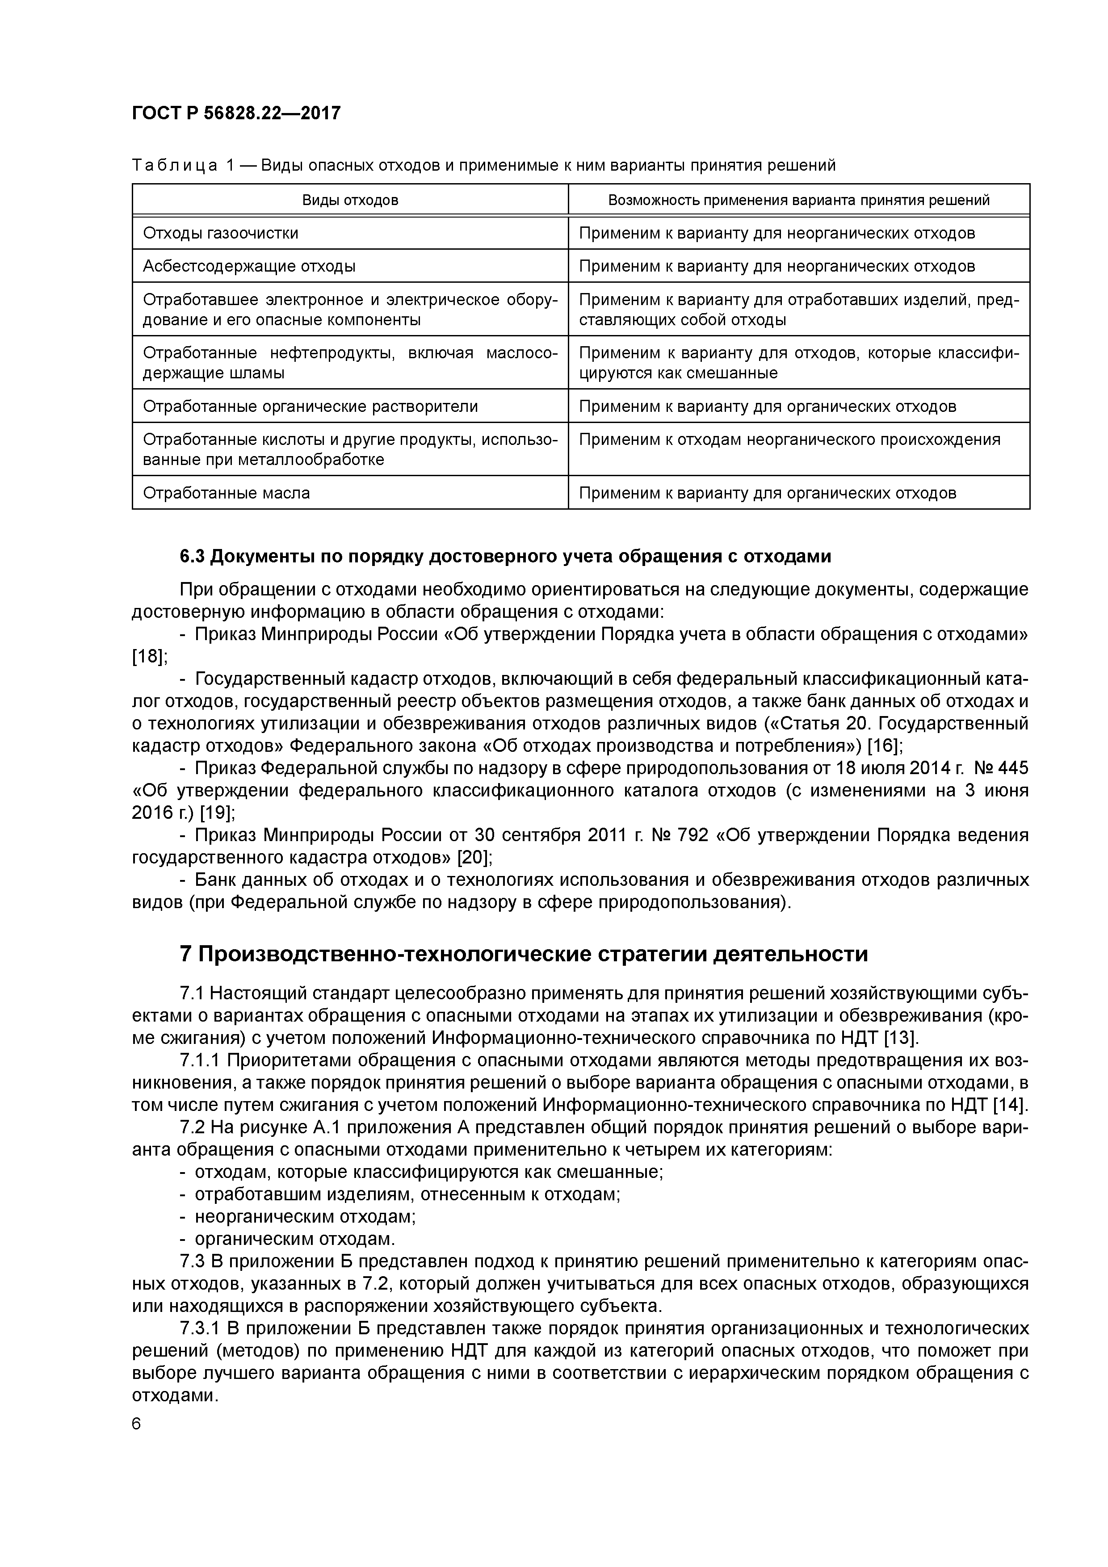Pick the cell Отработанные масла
(x=226, y=492)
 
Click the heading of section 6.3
(x=505, y=556)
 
